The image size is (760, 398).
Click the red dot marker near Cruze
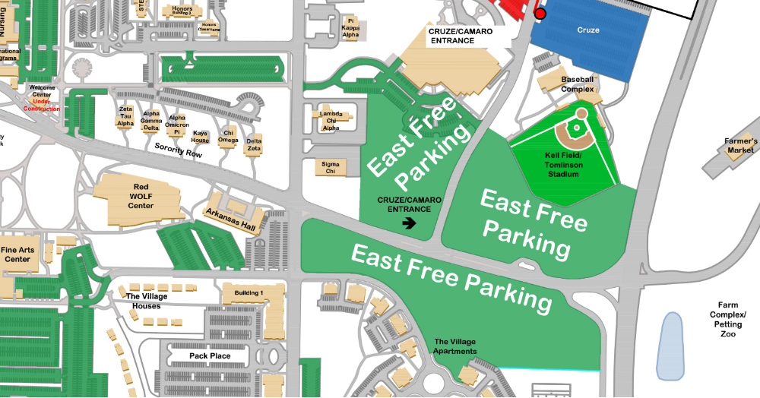540,14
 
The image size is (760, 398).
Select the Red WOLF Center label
141,195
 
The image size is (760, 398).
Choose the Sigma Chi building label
331,167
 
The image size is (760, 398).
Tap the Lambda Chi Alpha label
331,121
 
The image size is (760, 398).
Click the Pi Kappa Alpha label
351,28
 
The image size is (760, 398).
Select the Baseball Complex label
578,84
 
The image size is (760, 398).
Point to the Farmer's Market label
741,146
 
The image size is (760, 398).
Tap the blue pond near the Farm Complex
670,346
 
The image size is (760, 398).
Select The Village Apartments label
455,346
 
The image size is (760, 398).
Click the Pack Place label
209,355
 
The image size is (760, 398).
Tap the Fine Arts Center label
18,254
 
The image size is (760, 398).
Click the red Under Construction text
41,105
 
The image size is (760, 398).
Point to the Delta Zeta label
254,144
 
